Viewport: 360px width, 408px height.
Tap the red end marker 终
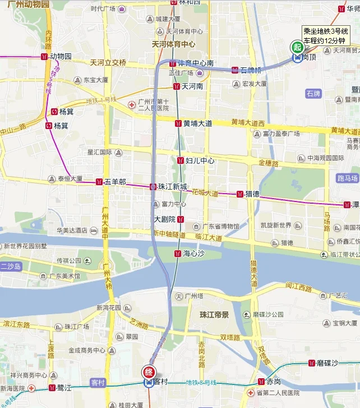[149, 372]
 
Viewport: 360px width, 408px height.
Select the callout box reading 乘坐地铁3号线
[326, 36]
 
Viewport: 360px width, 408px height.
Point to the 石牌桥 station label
[250, 70]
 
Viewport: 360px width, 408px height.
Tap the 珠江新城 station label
[172, 186]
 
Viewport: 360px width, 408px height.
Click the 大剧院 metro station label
[165, 219]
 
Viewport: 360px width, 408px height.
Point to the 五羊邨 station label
[114, 182]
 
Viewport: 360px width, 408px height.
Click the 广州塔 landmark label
[193, 296]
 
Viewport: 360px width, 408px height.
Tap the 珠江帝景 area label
[214, 315]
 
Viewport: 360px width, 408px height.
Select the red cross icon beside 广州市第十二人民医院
[132, 104]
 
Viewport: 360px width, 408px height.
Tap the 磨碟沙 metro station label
[327, 363]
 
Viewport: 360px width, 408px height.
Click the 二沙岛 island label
[11, 266]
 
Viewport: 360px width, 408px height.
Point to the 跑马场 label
[348, 178]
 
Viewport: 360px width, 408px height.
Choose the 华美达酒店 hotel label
[71, 230]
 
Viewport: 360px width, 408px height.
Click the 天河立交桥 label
[108, 62]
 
